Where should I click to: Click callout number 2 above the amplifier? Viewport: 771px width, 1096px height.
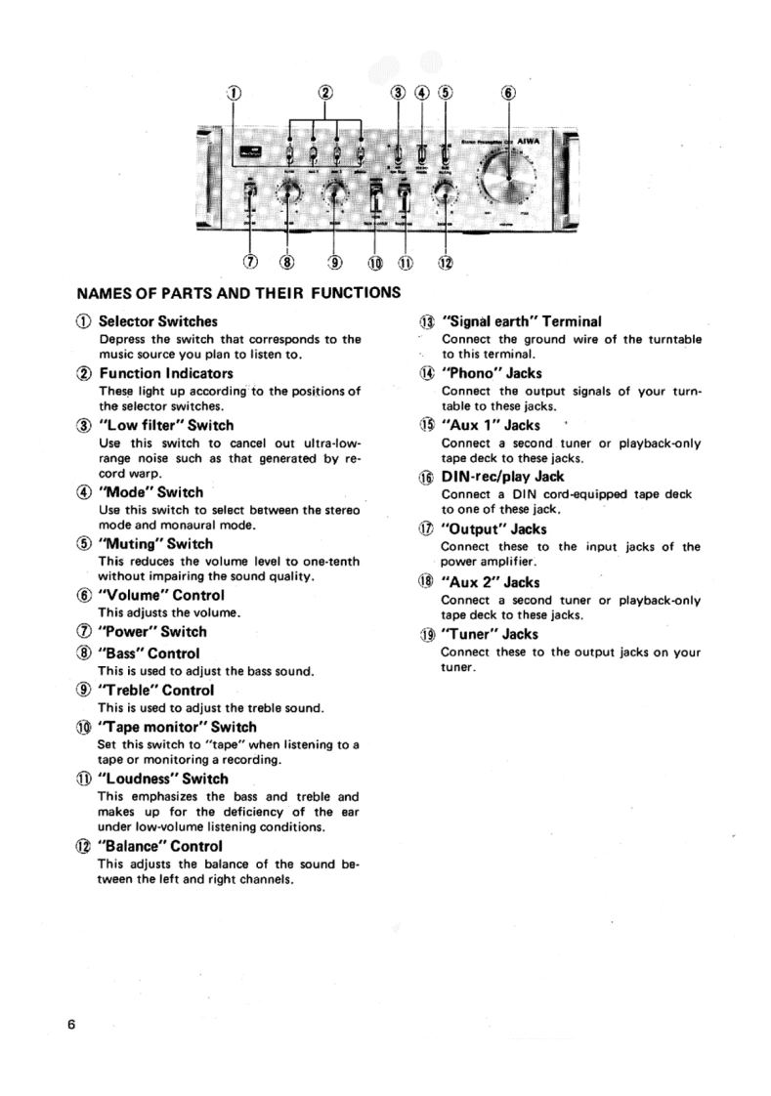[324, 94]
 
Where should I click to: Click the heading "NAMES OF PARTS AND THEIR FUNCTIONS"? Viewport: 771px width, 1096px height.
[237, 292]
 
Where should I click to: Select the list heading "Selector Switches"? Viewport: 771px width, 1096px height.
[158, 321]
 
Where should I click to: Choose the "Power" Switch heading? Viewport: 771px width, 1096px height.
[152, 632]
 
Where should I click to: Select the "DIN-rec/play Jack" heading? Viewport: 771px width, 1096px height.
[503, 478]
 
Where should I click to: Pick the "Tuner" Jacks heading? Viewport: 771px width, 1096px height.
[490, 634]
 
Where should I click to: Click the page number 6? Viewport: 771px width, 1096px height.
[71, 1026]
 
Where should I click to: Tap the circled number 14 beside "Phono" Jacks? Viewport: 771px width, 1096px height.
[426, 374]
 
